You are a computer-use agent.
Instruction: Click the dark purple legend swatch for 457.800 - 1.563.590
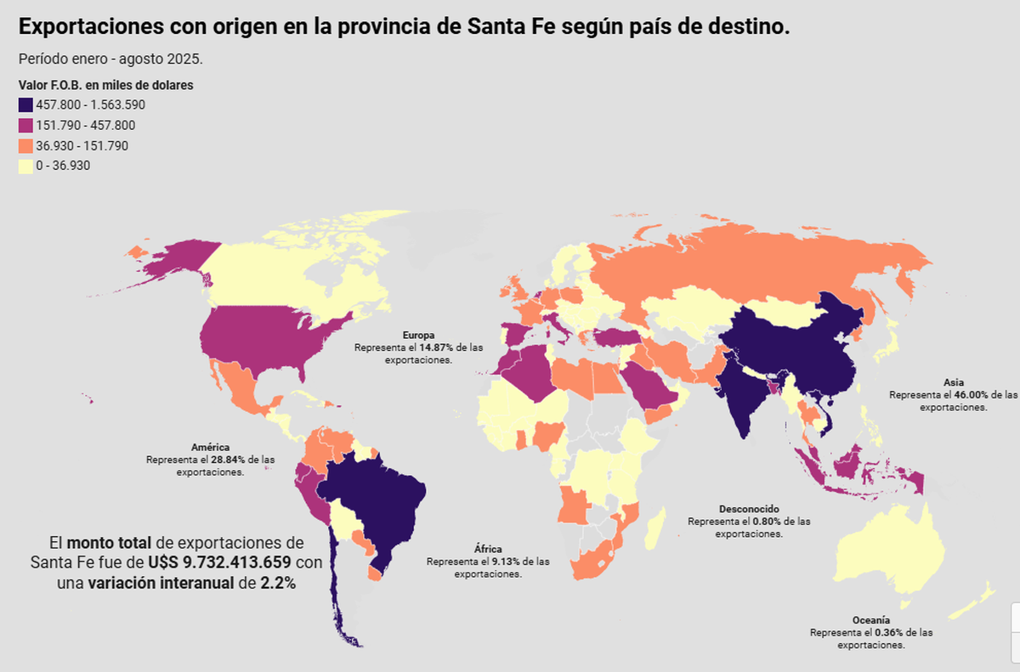tap(25, 105)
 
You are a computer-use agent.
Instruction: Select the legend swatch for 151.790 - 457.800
tap(25, 126)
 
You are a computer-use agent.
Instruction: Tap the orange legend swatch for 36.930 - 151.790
tap(25, 146)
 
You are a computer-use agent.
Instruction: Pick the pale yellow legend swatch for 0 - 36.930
tap(25, 167)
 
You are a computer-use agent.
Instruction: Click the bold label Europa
tap(418, 336)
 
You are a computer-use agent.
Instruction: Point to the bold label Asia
tap(953, 382)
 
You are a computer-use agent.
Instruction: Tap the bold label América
tap(210, 447)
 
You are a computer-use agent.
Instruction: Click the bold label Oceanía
tap(871, 620)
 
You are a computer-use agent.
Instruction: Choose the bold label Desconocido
tap(749, 508)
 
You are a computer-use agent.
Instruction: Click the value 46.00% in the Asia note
tap(977, 395)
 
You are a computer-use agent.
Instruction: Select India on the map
tap(744, 391)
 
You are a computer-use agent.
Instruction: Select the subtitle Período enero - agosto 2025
tap(110, 59)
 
